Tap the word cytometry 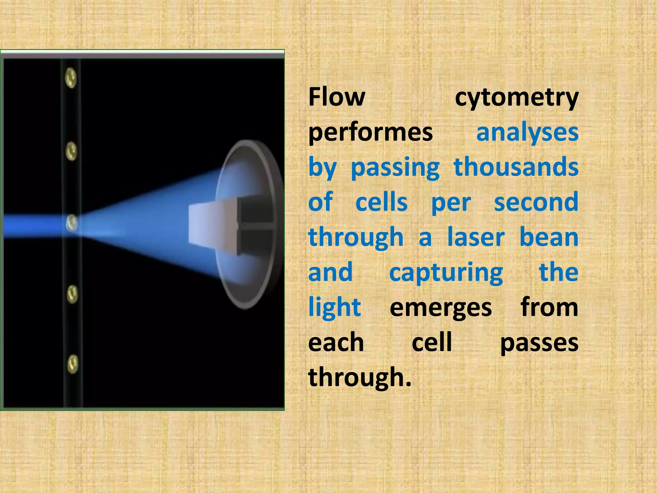coord(516,98)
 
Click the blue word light coord(334,307)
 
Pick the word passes coord(539,343)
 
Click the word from coord(550,307)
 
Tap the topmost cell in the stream coord(71,78)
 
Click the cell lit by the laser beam coord(72,223)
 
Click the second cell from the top coord(71,151)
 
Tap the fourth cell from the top coord(72,294)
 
